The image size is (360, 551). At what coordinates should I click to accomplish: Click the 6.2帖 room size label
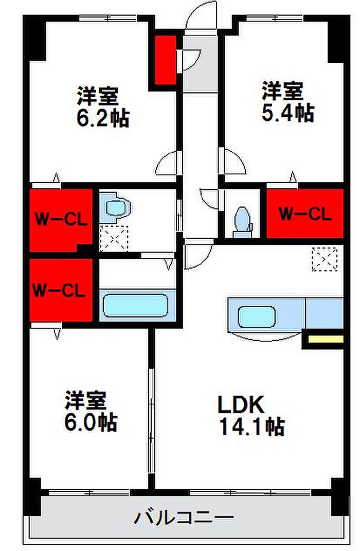[x=103, y=118]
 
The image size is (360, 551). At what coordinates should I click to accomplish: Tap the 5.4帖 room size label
[x=287, y=113]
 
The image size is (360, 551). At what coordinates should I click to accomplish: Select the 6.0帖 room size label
[x=91, y=422]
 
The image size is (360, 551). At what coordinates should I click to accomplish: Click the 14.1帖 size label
[x=252, y=426]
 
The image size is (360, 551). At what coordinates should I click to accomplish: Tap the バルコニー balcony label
[x=184, y=518]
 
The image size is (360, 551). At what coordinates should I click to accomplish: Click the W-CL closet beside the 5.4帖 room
[x=305, y=214]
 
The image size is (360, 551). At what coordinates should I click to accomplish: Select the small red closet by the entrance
[x=166, y=60]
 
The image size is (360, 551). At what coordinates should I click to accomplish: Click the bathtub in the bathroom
[x=136, y=306]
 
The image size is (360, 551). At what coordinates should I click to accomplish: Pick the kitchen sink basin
[x=257, y=316]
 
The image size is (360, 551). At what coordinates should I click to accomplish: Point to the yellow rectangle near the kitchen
[x=326, y=339]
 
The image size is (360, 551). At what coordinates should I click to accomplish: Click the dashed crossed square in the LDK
[x=325, y=259]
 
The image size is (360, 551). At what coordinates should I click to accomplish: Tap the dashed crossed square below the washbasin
[x=114, y=238]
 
